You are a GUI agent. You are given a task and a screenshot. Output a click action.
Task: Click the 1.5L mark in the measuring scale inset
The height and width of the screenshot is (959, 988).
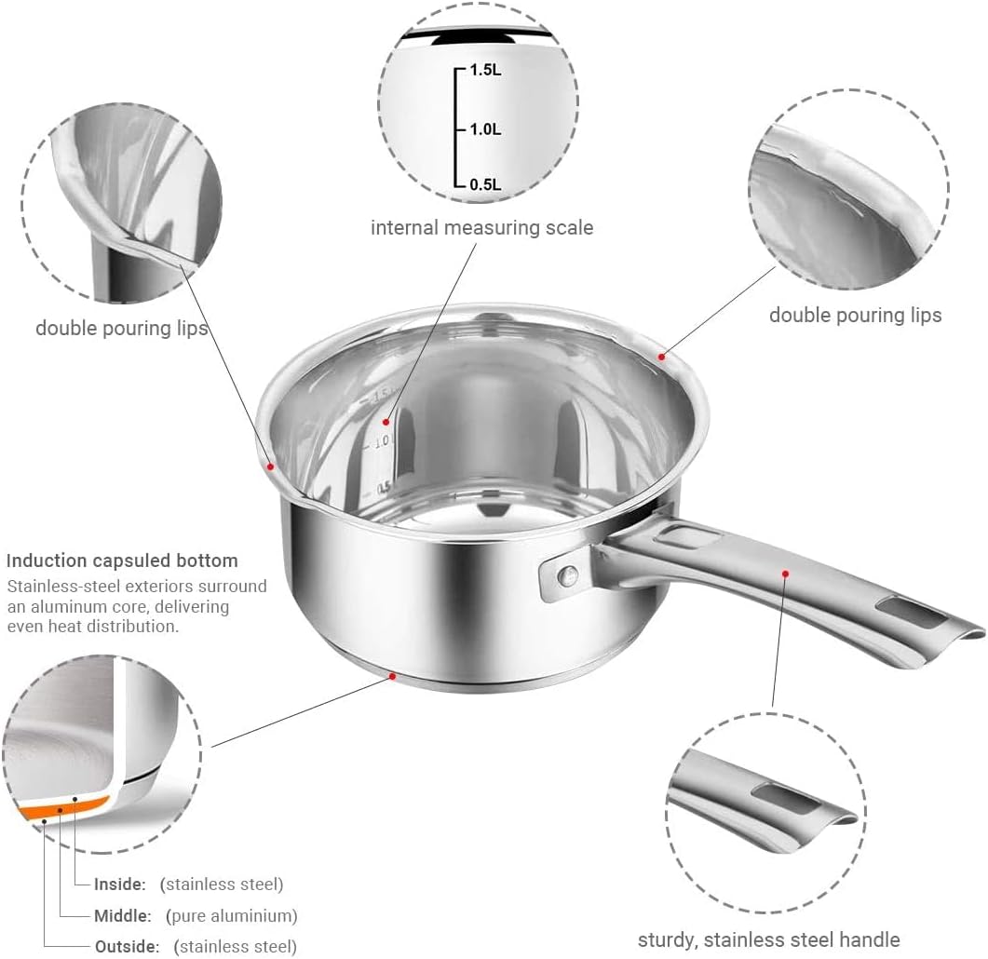(484, 72)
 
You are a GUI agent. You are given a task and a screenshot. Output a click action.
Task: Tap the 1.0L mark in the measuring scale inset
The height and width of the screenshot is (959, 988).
(484, 129)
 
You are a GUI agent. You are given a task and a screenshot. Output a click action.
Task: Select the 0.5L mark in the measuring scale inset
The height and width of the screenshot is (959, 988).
(484, 185)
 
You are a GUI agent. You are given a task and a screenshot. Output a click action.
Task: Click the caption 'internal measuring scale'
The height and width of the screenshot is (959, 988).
(481, 227)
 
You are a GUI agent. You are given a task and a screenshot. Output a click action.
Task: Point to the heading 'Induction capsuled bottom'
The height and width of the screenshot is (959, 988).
(122, 561)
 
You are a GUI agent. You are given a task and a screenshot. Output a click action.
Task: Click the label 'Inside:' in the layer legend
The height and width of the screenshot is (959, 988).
(120, 884)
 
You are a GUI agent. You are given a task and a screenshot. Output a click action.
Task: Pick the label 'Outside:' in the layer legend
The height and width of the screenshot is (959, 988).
(127, 947)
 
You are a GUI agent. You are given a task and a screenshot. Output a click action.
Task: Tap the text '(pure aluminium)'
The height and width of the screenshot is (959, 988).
(232, 915)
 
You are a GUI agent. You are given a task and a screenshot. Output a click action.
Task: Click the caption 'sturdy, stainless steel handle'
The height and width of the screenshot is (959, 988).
(768, 939)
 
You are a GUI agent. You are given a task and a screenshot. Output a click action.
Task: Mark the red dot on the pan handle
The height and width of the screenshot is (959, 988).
(786, 574)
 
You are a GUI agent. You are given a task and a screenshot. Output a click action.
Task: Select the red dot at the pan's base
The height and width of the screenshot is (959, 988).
(392, 677)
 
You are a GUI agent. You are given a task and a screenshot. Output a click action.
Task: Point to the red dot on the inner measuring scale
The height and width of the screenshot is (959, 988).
(386, 422)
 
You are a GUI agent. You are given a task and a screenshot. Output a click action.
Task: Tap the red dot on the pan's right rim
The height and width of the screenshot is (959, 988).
(662, 357)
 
